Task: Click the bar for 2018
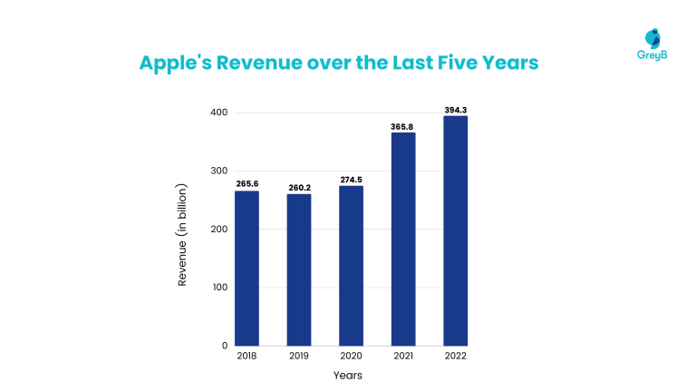click(x=246, y=268)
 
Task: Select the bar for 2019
click(x=299, y=269)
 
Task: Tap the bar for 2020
click(x=351, y=265)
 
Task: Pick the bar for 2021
click(x=402, y=239)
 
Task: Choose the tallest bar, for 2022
click(x=455, y=230)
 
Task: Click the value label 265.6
click(x=246, y=184)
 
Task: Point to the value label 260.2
click(x=299, y=188)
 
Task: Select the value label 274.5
click(x=351, y=180)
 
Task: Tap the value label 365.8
click(x=402, y=126)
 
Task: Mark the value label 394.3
click(x=455, y=110)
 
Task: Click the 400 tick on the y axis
click(x=217, y=113)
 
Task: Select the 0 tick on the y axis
click(x=223, y=346)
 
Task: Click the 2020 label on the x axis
click(x=351, y=357)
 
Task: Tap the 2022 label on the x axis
click(x=455, y=357)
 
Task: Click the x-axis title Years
click(x=348, y=375)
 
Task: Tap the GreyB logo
click(x=652, y=43)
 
